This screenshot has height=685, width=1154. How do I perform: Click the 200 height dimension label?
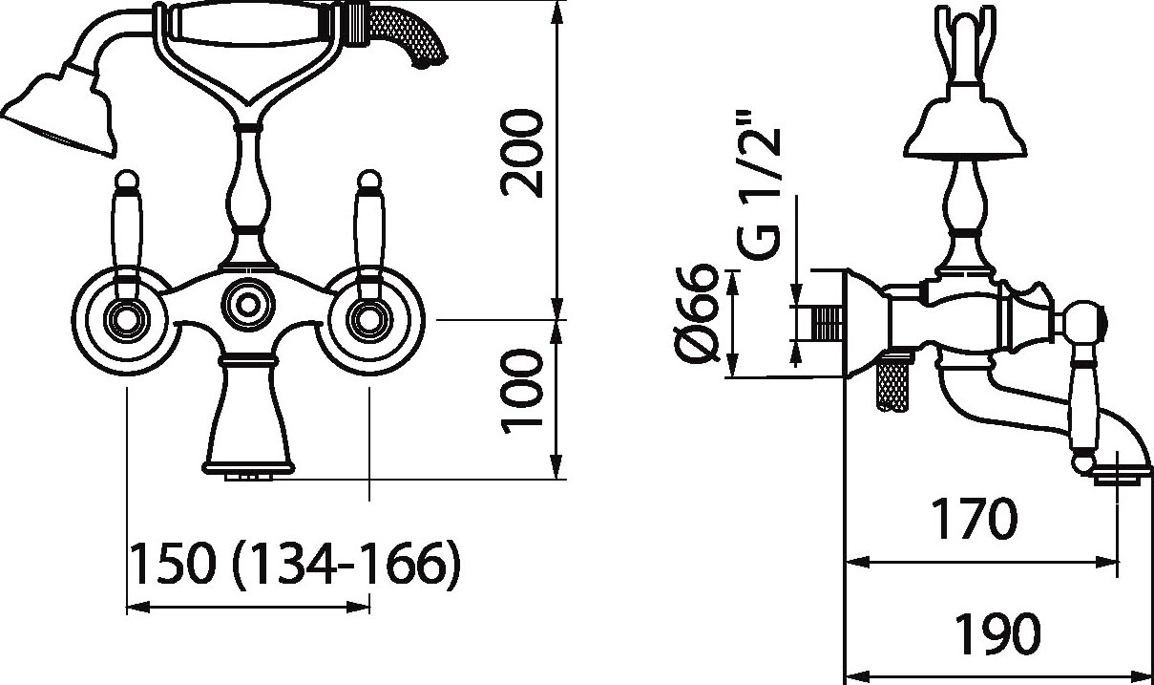[522, 153]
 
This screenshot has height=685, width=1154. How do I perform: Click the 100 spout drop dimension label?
[522, 392]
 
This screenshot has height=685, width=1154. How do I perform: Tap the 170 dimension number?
[975, 519]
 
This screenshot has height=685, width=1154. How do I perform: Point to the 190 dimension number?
[997, 632]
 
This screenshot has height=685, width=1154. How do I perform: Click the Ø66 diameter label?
[697, 313]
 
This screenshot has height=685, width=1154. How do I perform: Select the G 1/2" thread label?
[759, 184]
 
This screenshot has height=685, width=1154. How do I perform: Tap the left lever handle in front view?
[127, 235]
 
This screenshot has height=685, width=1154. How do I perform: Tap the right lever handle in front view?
[368, 235]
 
